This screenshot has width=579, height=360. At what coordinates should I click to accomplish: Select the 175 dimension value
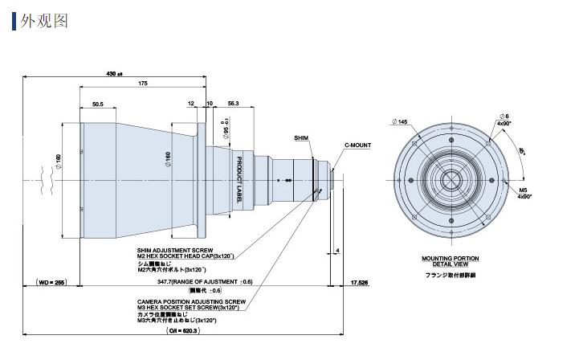[x=142, y=84]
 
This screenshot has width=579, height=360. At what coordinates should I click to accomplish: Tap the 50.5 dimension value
[x=99, y=104]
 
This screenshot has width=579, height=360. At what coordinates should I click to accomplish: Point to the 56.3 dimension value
[x=234, y=104]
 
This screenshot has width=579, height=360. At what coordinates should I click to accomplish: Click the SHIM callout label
[x=301, y=137]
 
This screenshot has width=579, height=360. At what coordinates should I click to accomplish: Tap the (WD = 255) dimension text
[x=50, y=282]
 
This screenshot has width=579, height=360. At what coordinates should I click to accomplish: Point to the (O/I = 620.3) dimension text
[x=183, y=330]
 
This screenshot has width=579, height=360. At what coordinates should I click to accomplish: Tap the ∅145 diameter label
[x=401, y=122]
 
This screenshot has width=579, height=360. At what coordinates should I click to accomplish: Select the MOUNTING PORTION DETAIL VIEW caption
[x=450, y=261]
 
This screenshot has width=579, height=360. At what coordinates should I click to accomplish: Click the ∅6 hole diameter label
[x=504, y=117]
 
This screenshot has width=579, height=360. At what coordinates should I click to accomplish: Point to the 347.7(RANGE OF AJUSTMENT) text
[x=204, y=282]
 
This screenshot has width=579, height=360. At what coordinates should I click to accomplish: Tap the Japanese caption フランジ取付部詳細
[x=450, y=275]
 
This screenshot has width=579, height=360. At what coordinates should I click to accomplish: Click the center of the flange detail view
[x=450, y=180]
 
